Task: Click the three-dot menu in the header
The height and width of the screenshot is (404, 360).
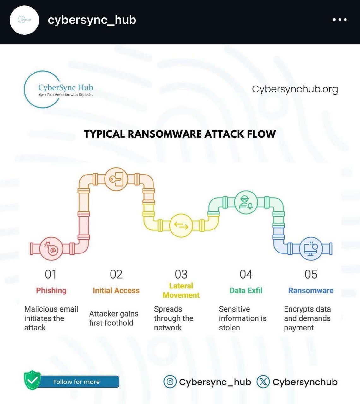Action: [340, 20]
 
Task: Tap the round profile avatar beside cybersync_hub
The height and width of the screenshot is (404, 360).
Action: [24, 20]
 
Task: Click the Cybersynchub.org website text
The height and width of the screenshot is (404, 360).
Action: [295, 89]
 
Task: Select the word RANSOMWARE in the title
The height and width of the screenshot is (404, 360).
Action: [165, 134]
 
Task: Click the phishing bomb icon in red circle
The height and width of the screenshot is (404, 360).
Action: [51, 249]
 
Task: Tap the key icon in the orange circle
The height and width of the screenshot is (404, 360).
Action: [116, 179]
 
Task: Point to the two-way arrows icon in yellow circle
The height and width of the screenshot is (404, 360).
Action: [181, 225]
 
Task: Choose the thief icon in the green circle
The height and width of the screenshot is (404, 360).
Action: [246, 202]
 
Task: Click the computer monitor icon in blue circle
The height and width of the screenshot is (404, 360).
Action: [311, 249]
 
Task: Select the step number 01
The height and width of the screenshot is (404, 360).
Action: [51, 275]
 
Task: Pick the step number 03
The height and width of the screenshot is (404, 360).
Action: [181, 275]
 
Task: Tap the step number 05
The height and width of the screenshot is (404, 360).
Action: [311, 275]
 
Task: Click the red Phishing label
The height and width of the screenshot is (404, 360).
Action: [51, 290]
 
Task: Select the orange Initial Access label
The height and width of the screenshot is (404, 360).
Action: [116, 290]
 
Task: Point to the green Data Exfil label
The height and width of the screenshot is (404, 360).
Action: [246, 290]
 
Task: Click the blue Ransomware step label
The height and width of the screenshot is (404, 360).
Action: [311, 290]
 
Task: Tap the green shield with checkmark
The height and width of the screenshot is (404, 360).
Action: [32, 380]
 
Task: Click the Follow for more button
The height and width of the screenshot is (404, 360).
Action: [77, 382]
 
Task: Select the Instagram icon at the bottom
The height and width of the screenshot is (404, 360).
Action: [170, 382]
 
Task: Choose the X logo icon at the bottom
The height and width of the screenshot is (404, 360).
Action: [263, 382]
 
